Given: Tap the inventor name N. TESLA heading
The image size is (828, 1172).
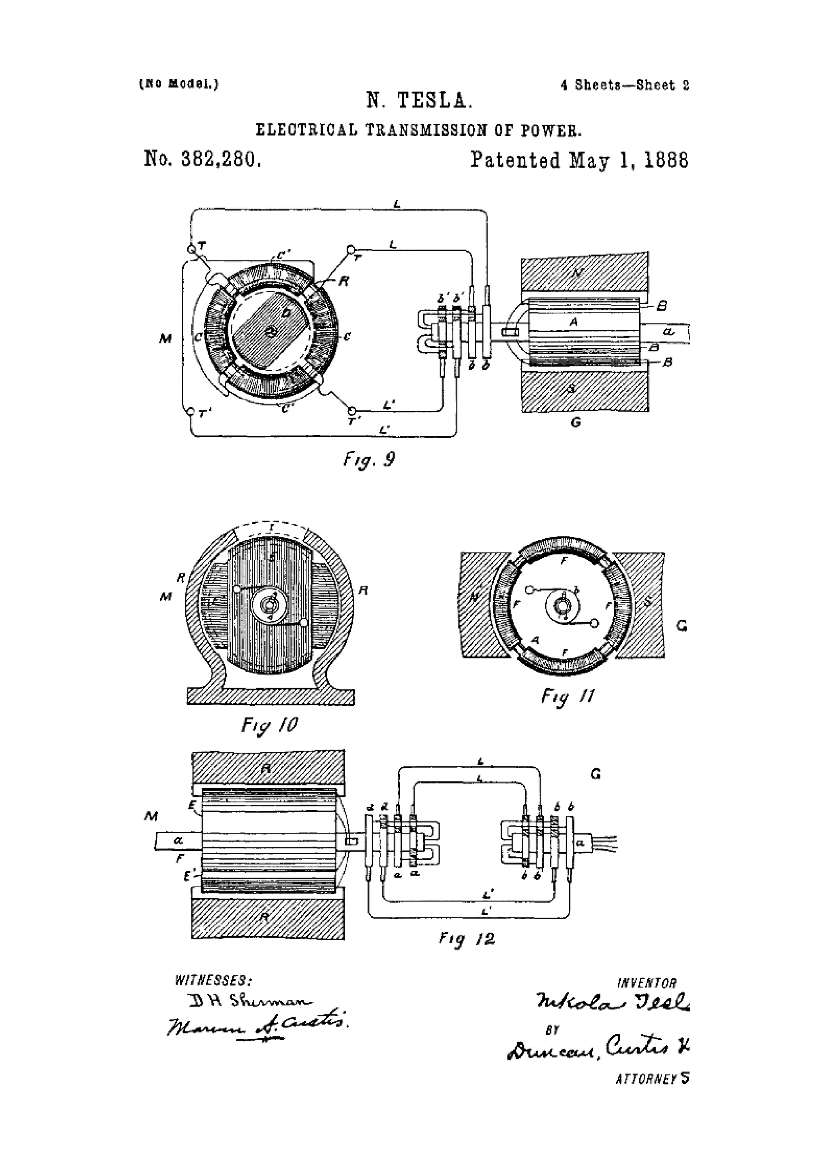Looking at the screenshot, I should [x=419, y=101].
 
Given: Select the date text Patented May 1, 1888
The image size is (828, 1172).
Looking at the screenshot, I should [x=579, y=160].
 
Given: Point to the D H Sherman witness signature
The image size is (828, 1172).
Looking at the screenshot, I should [x=250, y=1001].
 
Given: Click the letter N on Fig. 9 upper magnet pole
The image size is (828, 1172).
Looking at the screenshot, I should [x=577, y=273].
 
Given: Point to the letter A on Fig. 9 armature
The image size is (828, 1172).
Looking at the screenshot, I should [x=573, y=322].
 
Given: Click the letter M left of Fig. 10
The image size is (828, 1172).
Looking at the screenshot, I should [x=166, y=596].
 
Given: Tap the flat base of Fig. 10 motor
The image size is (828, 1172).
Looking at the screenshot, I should [x=271, y=697].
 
